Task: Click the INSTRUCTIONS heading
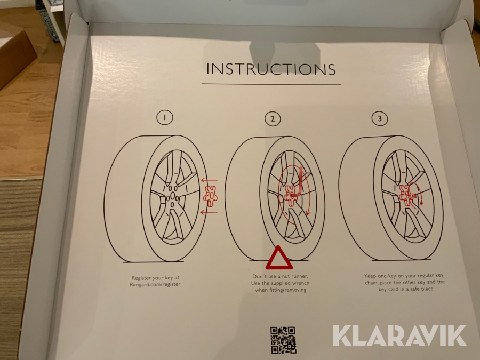point(271,69)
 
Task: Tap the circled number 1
point(165,117)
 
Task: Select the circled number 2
point(273,119)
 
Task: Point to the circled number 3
point(380,118)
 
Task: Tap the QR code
point(283,340)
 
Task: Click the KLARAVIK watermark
point(399,336)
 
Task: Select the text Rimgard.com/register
point(155,284)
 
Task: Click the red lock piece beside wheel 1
point(210,196)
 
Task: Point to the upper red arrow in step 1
point(210,180)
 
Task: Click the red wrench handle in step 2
point(300,181)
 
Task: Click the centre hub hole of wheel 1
point(173,196)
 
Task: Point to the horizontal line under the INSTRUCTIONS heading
point(271,84)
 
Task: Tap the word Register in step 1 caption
point(142,278)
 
